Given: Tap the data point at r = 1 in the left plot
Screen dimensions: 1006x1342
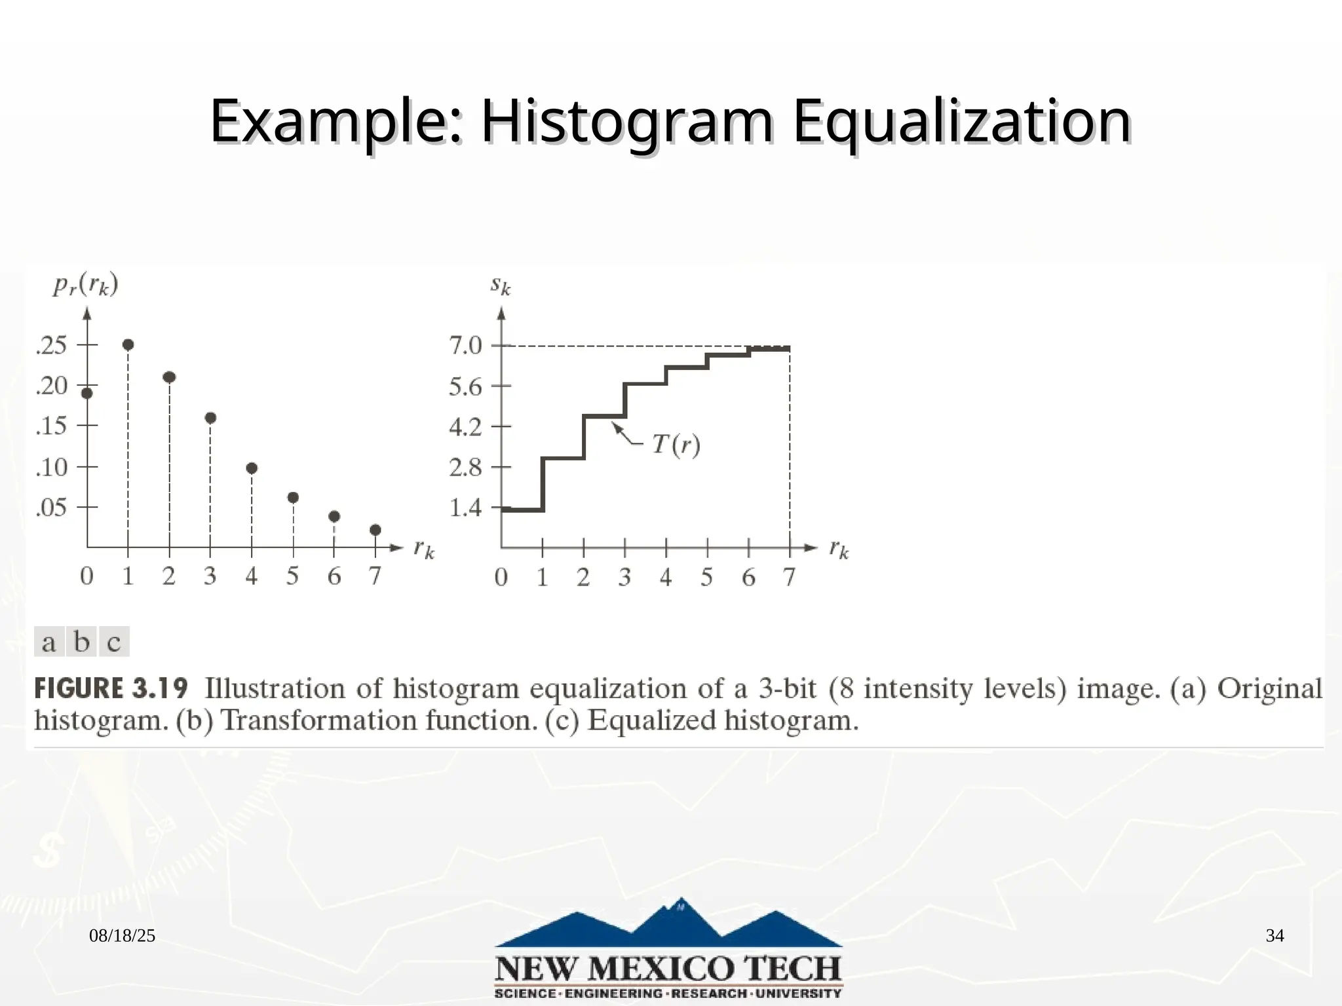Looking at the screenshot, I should click(x=128, y=345).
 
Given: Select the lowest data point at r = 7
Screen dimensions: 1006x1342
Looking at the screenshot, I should click(x=375, y=530).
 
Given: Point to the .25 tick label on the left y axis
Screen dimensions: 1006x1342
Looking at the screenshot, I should click(x=52, y=345).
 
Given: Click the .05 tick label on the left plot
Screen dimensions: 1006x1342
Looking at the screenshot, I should click(x=52, y=508).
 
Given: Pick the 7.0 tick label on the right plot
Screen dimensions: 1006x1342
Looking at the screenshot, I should click(x=465, y=345).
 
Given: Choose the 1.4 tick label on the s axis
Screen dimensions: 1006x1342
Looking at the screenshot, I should click(x=465, y=508).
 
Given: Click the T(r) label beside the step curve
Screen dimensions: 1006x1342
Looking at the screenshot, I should click(x=676, y=445).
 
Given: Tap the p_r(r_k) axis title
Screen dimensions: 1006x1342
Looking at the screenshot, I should click(x=86, y=286).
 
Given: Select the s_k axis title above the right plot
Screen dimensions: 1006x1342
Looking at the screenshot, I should click(x=501, y=286).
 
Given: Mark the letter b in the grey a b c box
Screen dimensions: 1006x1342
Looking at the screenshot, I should click(x=82, y=642).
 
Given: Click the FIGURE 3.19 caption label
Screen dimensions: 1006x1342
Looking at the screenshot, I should click(x=111, y=689).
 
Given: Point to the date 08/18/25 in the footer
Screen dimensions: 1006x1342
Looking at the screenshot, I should click(x=123, y=936).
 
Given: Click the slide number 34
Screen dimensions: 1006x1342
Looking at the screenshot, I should click(x=1275, y=936).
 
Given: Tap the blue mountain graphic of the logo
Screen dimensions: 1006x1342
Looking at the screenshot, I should click(x=668, y=923).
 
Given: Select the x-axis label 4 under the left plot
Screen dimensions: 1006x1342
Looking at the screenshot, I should click(x=252, y=576).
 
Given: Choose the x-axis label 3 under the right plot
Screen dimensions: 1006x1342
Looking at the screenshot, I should click(x=624, y=578).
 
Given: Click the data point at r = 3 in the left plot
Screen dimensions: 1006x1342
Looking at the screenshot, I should click(x=210, y=418).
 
